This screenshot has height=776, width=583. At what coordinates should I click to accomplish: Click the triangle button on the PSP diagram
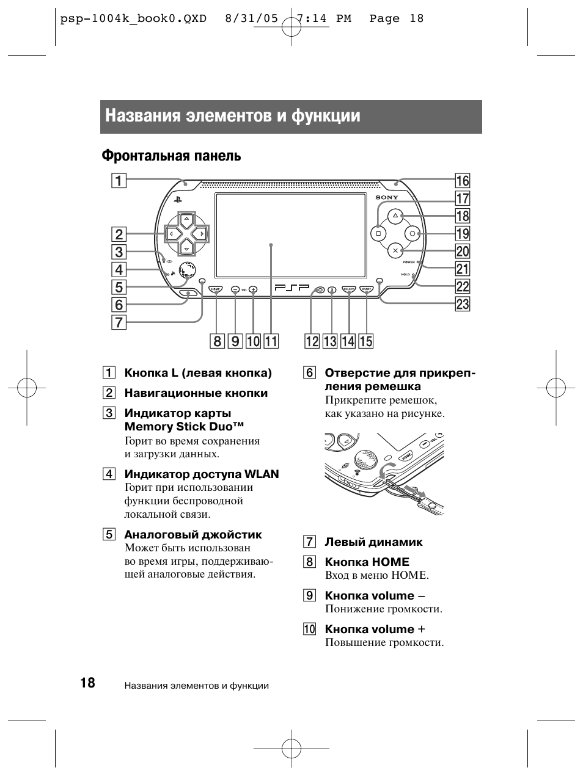coord(395,216)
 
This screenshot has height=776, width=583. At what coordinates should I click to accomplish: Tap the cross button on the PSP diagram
coord(395,250)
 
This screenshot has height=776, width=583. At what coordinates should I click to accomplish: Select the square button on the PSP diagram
coord(378,233)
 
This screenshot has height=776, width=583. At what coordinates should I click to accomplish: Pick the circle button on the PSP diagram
coord(413,233)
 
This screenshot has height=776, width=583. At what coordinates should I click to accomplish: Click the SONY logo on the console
coord(386,197)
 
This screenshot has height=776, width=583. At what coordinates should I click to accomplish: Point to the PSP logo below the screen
coord(291,288)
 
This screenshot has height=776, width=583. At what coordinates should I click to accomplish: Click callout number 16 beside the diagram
coord(463,180)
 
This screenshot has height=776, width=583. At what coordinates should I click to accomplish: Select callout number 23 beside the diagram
coord(463,304)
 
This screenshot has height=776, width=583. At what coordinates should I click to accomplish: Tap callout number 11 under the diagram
coord(271,341)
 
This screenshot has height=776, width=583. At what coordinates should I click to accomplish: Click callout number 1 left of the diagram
coord(119,180)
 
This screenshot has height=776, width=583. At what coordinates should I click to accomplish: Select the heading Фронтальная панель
coord(171,156)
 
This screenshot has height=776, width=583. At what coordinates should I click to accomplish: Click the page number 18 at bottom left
coord(87,683)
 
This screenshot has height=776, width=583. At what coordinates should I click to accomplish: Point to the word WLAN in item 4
coord(262,474)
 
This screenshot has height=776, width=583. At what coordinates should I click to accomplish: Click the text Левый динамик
coord(373,542)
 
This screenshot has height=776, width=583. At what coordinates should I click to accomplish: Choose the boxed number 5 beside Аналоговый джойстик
coord(109,535)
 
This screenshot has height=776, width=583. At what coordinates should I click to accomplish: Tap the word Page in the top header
coord(384,18)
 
